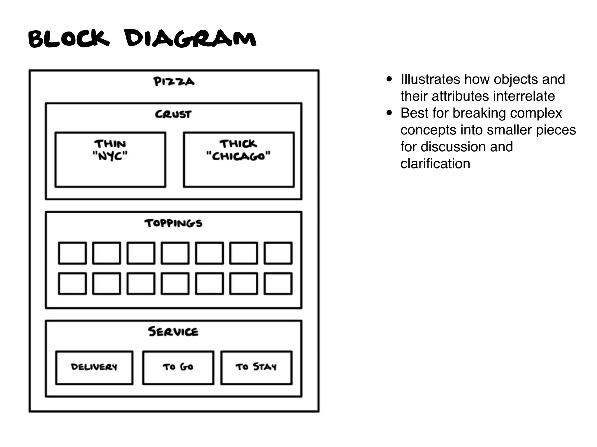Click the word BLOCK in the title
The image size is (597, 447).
(69, 38)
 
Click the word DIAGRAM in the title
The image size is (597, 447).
(190, 38)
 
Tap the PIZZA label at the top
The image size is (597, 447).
(174, 82)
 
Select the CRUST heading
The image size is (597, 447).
(173, 114)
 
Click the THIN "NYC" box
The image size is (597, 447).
(110, 159)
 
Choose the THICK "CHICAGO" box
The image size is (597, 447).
(239, 159)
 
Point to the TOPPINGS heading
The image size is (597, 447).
(173, 223)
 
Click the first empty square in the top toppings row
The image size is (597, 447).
(72, 253)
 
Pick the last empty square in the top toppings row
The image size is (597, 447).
(278, 253)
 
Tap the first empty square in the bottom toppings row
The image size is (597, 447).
(72, 283)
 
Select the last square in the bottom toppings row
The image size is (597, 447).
(278, 283)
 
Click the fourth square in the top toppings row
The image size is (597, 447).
(175, 253)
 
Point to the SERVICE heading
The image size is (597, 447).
(173, 331)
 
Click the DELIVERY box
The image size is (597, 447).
(94, 368)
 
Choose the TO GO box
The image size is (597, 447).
(178, 368)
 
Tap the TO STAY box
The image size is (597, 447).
(256, 368)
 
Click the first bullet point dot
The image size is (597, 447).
(389, 79)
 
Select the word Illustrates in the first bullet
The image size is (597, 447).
(430, 79)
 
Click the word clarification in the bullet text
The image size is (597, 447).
(435, 164)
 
